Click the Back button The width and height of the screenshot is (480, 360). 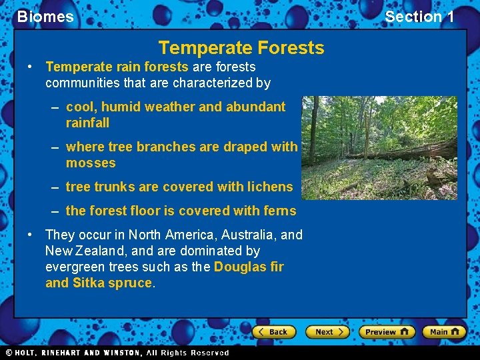273,331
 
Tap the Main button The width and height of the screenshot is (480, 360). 444,331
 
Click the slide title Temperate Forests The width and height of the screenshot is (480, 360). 241,48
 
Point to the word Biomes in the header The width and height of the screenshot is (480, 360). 45,17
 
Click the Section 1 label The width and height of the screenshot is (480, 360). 419,17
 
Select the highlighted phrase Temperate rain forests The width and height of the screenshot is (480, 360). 117,67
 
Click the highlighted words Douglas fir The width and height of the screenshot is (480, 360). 249,267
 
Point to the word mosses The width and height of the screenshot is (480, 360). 91,163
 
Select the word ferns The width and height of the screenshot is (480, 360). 280,211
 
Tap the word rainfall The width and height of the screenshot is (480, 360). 87,123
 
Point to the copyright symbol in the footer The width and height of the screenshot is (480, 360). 9,353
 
